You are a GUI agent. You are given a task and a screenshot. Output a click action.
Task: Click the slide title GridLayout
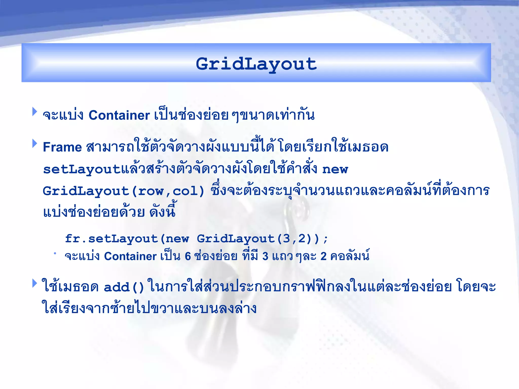pos(256,64)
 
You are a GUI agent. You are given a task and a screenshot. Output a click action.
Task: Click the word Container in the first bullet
pos(119,115)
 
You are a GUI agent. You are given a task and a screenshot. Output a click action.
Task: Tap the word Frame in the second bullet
pos(62,147)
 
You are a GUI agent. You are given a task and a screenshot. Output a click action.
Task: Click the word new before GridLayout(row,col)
pos(335,169)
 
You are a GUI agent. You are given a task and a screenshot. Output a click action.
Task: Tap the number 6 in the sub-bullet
pos(188,256)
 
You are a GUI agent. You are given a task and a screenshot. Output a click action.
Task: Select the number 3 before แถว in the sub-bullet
pos(265,256)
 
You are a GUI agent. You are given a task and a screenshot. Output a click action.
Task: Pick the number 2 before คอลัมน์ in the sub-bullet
pos(323,256)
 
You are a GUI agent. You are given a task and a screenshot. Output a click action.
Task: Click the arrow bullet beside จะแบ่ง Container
pos(35,111)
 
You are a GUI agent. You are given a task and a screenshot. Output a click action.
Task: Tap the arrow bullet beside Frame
pos(35,143)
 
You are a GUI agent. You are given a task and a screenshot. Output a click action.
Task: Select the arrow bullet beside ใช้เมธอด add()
pos(35,283)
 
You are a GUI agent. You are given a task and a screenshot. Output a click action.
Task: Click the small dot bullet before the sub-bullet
pos(55,253)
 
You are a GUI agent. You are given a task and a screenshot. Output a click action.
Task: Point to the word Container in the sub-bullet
pos(130,256)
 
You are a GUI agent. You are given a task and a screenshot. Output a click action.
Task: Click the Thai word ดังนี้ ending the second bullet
pos(162,211)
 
